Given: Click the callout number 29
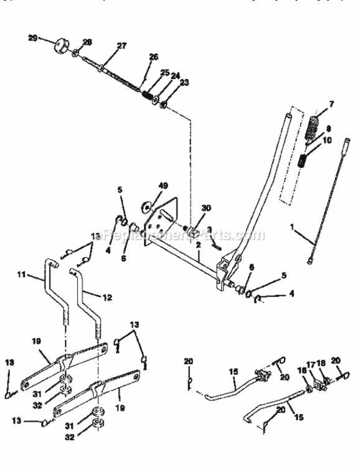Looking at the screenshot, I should [x=32, y=37].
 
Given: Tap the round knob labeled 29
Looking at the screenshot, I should [x=60, y=47].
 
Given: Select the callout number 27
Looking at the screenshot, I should [x=121, y=45].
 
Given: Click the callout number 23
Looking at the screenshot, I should [x=184, y=82].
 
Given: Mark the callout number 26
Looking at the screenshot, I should [x=153, y=57].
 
